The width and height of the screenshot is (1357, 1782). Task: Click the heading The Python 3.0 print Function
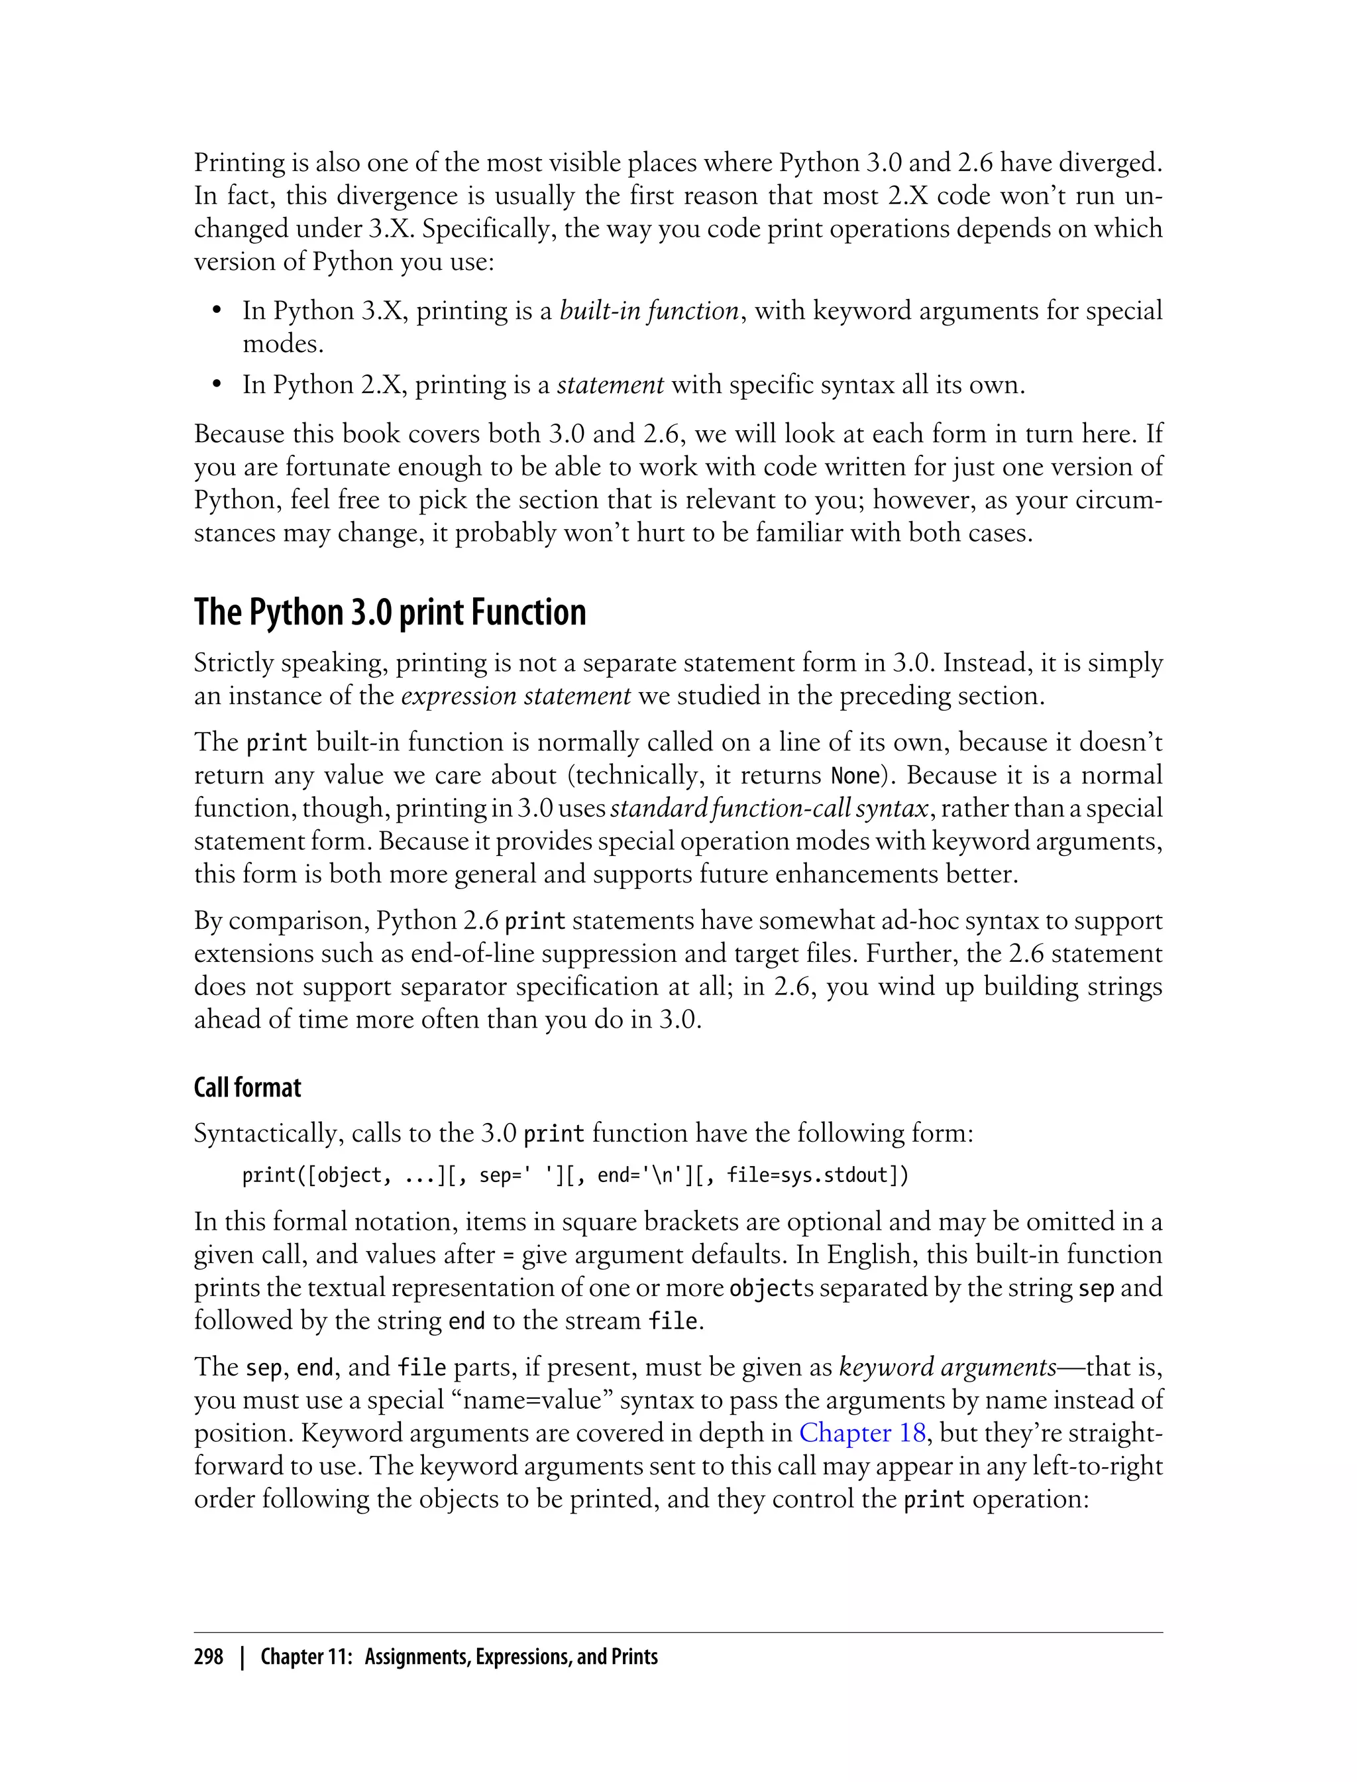[x=390, y=613]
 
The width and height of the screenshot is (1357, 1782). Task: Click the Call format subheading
[x=247, y=1088]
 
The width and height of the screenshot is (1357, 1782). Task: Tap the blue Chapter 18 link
[x=862, y=1433]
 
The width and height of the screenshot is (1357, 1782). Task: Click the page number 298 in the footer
[x=209, y=1657]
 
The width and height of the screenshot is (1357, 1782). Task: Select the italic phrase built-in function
[x=649, y=311]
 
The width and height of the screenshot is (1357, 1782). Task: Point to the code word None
[x=855, y=776]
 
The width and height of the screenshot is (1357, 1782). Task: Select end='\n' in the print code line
[x=642, y=1175]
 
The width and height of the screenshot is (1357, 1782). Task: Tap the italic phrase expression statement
[x=516, y=696]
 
